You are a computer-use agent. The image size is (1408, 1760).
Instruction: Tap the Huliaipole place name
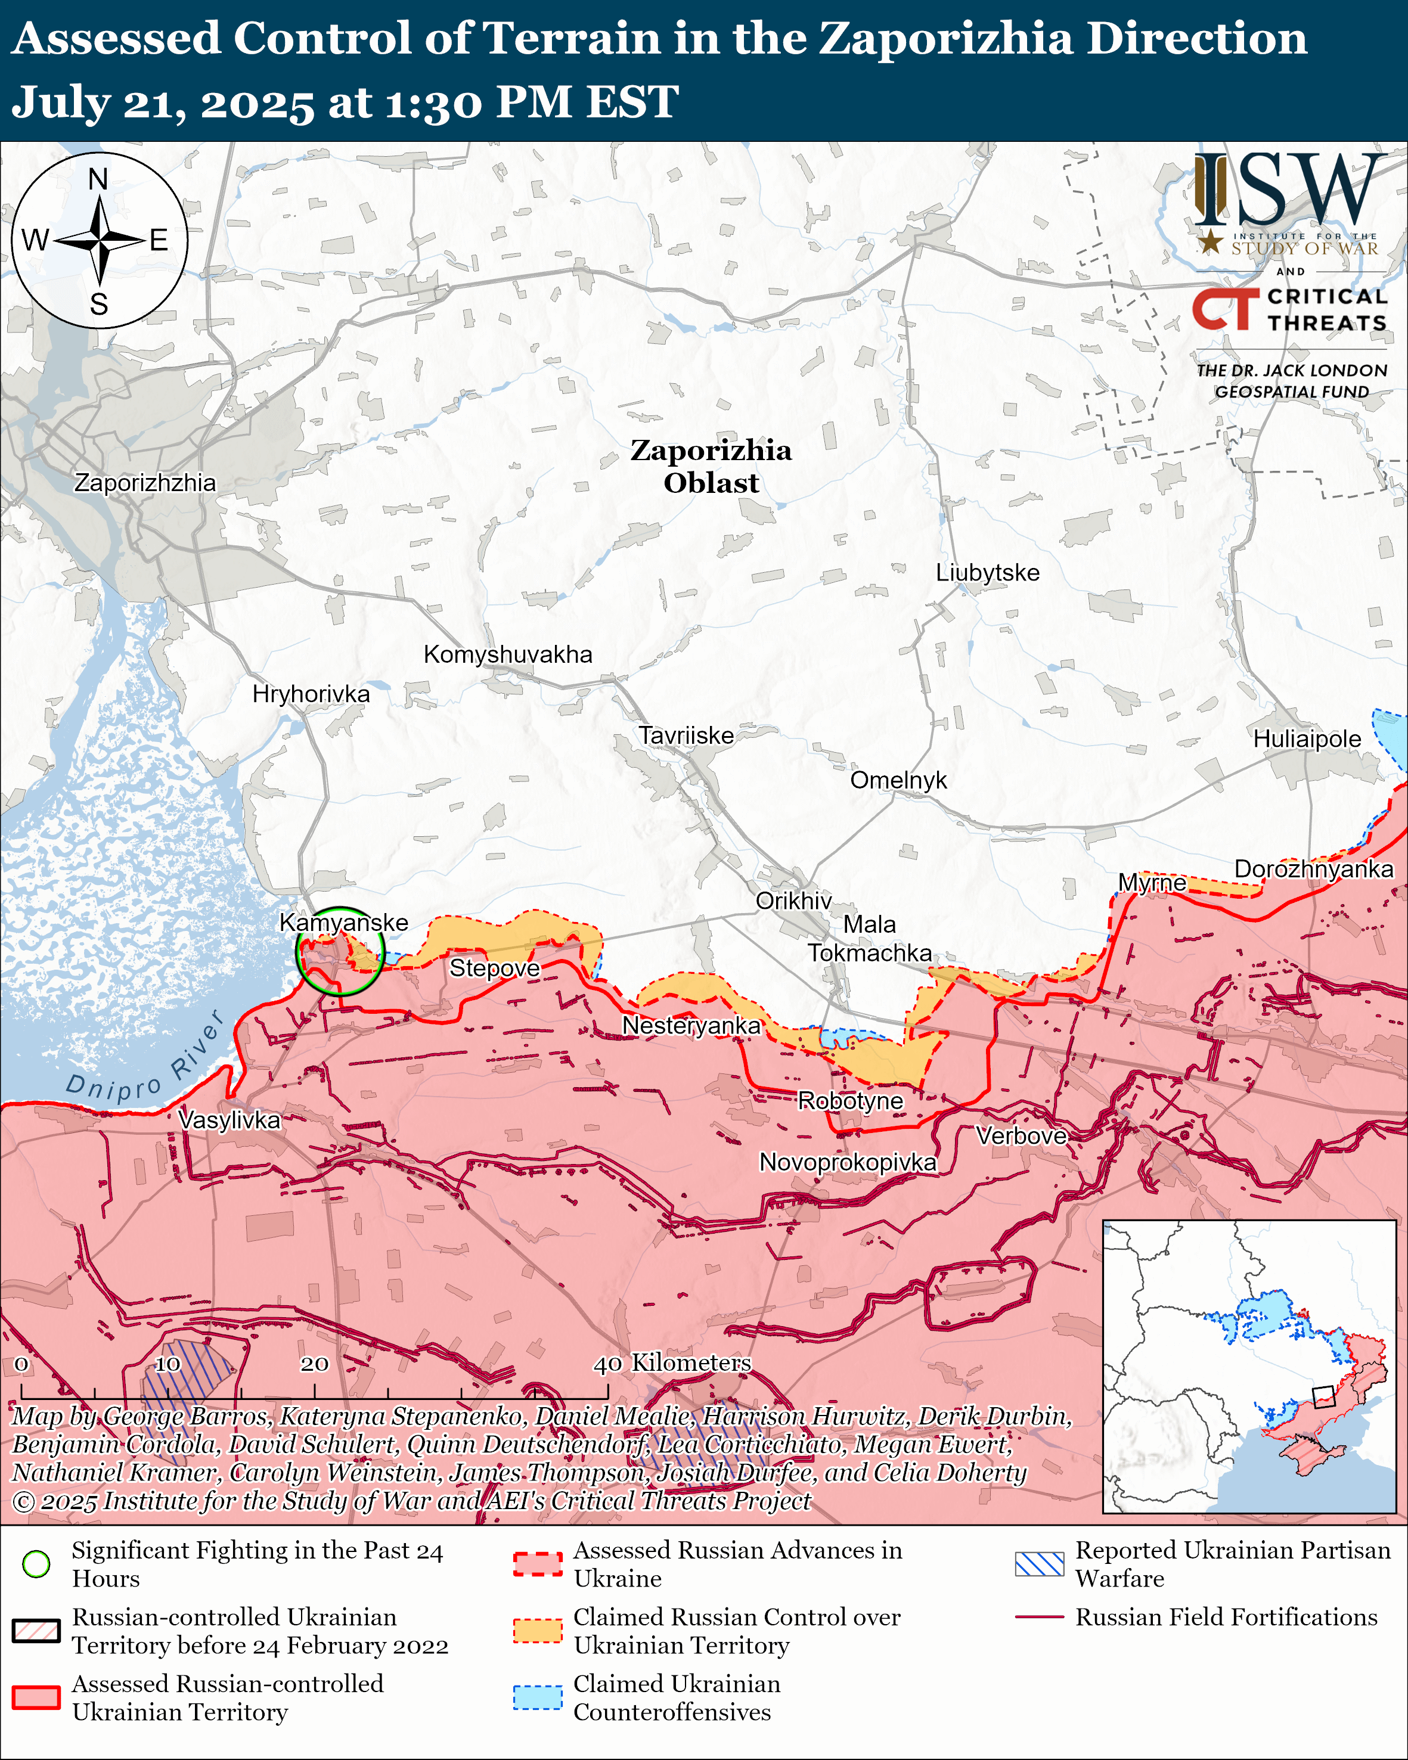coord(1307,739)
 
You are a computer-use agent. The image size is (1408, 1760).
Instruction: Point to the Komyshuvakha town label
coord(508,654)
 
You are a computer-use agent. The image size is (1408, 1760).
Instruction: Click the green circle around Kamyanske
coord(340,951)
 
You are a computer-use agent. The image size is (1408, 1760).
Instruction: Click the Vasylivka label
coord(230,1119)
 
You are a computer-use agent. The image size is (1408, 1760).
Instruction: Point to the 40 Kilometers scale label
coord(672,1362)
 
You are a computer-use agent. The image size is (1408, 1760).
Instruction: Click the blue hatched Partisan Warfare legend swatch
coord(1039,1563)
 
